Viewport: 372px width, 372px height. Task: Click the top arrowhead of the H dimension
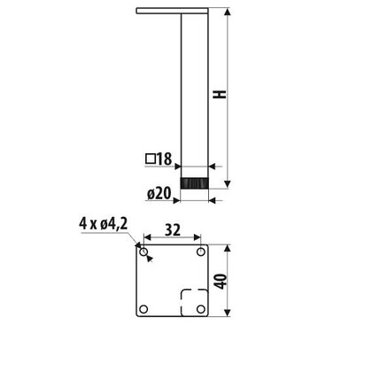pyautogui.click(x=229, y=13)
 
